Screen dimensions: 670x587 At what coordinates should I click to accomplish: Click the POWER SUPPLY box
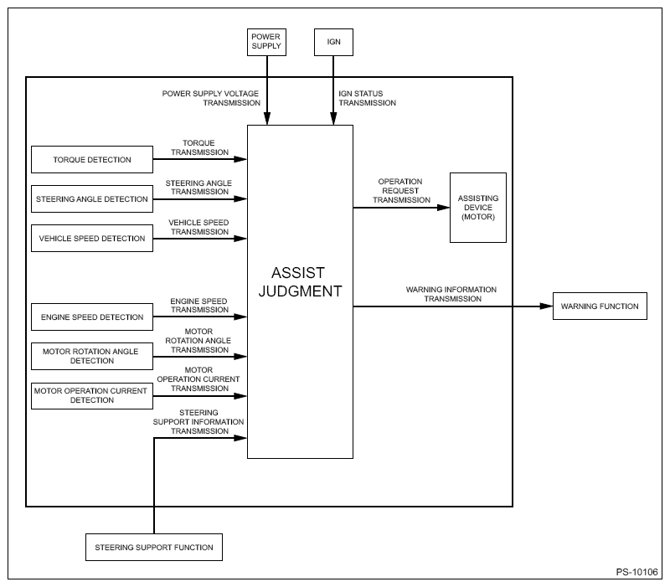pyautogui.click(x=266, y=42)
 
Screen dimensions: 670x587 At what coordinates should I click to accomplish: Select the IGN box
pyautogui.click(x=333, y=42)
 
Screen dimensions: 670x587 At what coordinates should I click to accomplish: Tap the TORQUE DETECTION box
pyautogui.click(x=92, y=159)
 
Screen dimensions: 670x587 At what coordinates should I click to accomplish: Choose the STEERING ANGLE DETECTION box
pyautogui.click(x=92, y=198)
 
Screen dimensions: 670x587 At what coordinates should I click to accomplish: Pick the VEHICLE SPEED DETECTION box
pyautogui.click(x=92, y=238)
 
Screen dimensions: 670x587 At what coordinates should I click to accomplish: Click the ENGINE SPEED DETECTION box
pyautogui.click(x=92, y=317)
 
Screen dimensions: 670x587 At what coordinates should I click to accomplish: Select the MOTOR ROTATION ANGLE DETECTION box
pyautogui.click(x=92, y=356)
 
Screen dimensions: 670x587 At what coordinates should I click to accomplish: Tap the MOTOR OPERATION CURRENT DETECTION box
pyautogui.click(x=92, y=395)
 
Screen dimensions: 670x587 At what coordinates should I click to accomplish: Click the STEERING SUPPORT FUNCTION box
pyautogui.click(x=154, y=548)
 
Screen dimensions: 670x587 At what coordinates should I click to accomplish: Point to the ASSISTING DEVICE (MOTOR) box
pyautogui.click(x=478, y=208)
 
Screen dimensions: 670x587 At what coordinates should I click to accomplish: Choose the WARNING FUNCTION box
pyautogui.click(x=600, y=306)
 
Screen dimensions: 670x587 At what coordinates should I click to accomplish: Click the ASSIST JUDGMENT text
pyautogui.click(x=300, y=282)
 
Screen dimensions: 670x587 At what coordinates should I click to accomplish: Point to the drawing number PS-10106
pyautogui.click(x=636, y=572)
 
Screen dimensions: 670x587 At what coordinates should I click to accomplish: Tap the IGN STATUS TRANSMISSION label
pyautogui.click(x=368, y=98)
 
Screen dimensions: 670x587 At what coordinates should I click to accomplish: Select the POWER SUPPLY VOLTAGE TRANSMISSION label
pyautogui.click(x=211, y=98)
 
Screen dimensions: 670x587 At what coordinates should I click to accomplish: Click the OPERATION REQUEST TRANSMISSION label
pyautogui.click(x=401, y=191)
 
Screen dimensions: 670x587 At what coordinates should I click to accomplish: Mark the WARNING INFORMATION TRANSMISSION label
pyautogui.click(x=451, y=294)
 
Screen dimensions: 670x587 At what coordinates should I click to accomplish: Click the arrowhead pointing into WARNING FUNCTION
pyautogui.click(x=547, y=306)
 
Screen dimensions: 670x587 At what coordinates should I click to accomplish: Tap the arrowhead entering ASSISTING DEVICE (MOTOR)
pyautogui.click(x=444, y=208)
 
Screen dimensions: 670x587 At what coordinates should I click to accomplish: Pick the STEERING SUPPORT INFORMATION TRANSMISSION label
pyautogui.click(x=198, y=422)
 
